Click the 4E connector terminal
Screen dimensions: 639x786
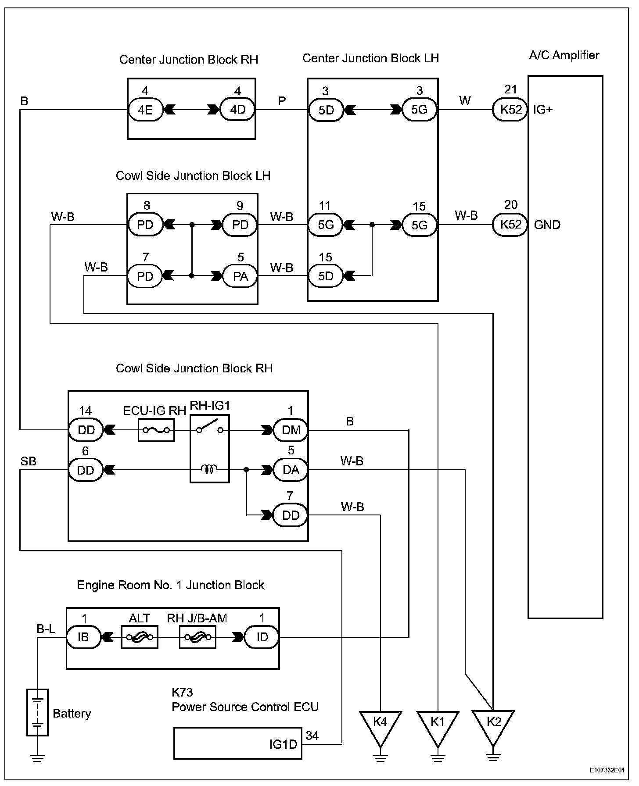click(145, 109)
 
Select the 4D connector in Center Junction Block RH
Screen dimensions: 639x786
click(238, 109)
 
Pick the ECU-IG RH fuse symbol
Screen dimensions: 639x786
click(156, 430)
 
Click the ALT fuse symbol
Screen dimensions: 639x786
click(140, 637)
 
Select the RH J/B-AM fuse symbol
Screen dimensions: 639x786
click(197, 637)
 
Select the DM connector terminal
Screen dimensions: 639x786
click(291, 430)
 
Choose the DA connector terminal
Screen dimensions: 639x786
click(291, 470)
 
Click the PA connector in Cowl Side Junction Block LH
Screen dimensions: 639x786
click(241, 276)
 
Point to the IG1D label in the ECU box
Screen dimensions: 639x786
click(283, 744)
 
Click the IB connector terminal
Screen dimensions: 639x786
click(83, 637)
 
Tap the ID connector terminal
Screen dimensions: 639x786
click(262, 637)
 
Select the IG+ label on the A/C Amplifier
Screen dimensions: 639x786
click(543, 110)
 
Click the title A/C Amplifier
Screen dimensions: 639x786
click(564, 56)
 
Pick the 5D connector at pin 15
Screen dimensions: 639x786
click(326, 276)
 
